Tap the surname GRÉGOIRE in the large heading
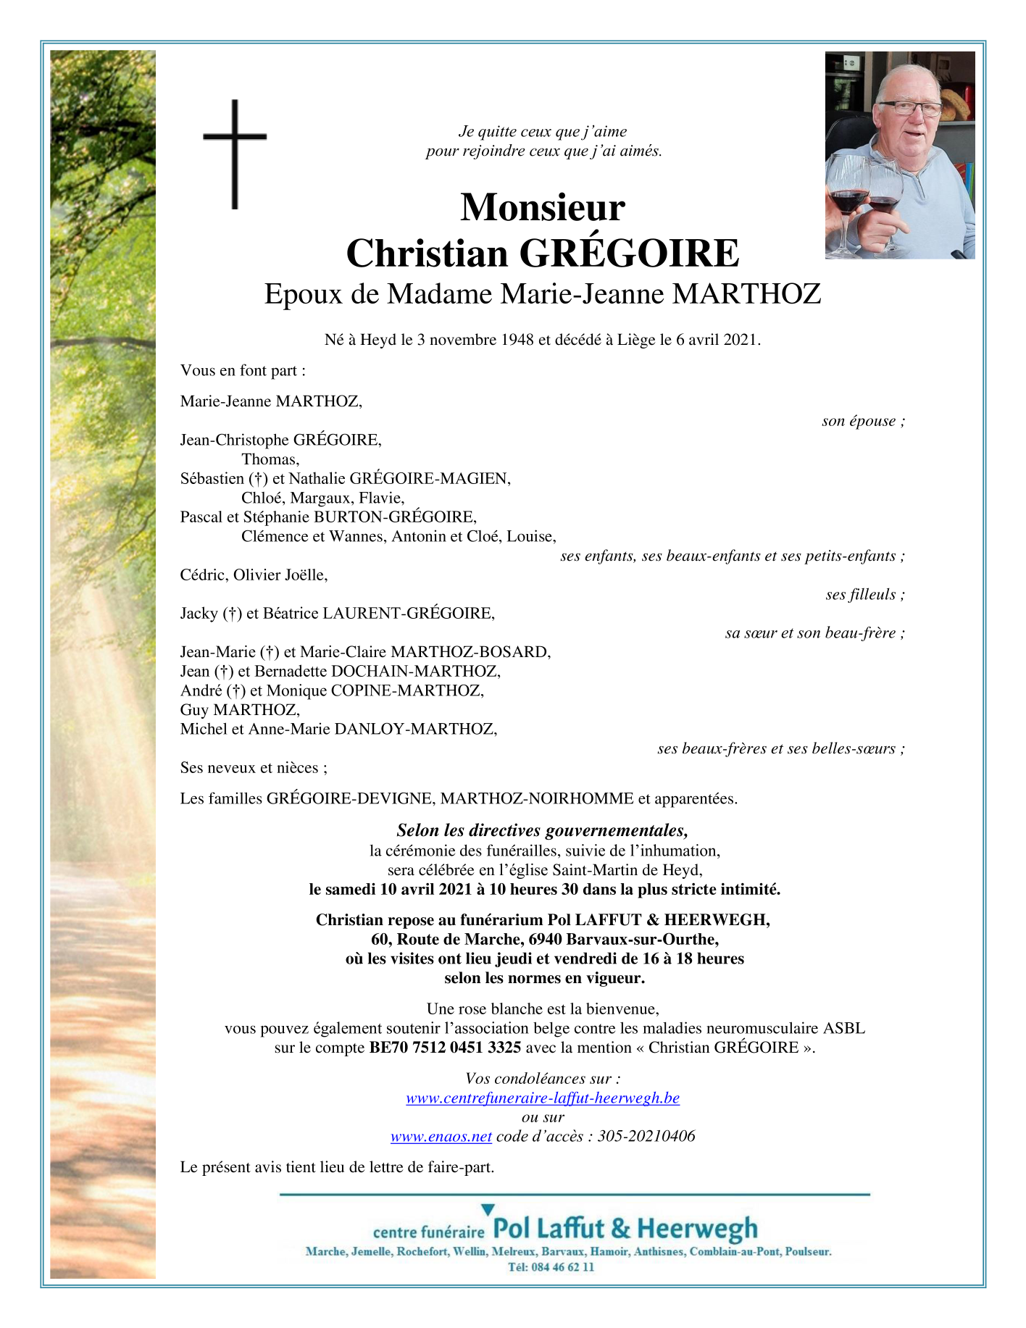pyautogui.click(x=629, y=254)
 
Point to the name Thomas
pyautogui.click(x=270, y=459)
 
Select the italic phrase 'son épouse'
pyautogui.click(x=861, y=421)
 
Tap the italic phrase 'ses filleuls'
pyautogui.click(x=863, y=595)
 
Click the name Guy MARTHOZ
pyautogui.click(x=240, y=710)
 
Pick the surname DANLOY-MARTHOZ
pyautogui.click(x=415, y=729)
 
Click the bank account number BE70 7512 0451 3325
pyautogui.click(x=445, y=1048)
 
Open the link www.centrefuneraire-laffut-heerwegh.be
pyautogui.click(x=543, y=1098)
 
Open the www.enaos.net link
pyautogui.click(x=441, y=1136)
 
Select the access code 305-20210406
pyautogui.click(x=646, y=1136)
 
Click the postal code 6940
pyautogui.click(x=546, y=940)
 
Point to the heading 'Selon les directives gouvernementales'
pyautogui.click(x=542, y=830)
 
